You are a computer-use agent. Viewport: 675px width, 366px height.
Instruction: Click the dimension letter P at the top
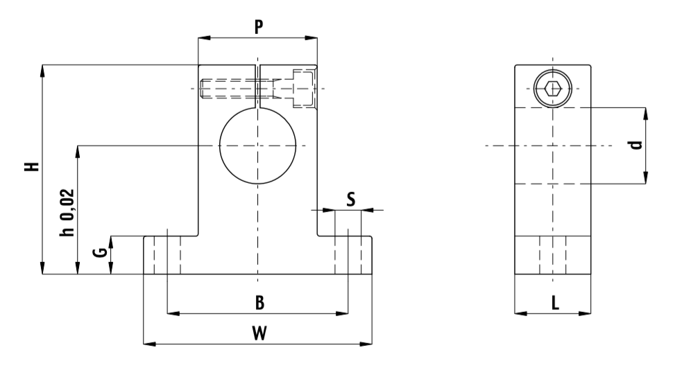pos(257,27)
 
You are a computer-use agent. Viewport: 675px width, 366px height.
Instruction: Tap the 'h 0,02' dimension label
pos(66,213)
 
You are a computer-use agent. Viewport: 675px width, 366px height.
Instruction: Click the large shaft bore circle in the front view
pos(257,146)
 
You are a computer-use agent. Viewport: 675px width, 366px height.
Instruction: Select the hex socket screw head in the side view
pos(553,89)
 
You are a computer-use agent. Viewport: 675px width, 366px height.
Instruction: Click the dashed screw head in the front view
pos(304,88)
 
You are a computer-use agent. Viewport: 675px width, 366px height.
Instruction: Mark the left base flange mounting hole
pos(168,254)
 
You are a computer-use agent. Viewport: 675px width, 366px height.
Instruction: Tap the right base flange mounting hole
pos(348,254)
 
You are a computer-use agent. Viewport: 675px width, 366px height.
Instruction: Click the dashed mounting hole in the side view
pos(553,254)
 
